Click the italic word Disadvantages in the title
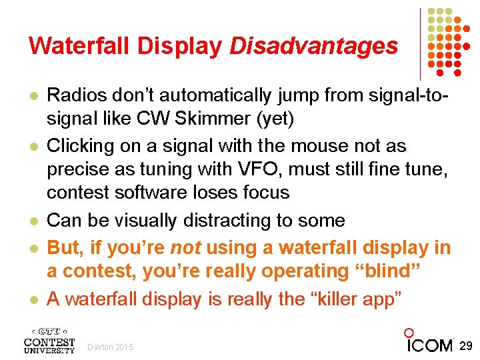313,45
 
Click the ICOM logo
430,343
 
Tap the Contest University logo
49,340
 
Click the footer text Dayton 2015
111,347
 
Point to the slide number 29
467,345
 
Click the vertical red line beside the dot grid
421,43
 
